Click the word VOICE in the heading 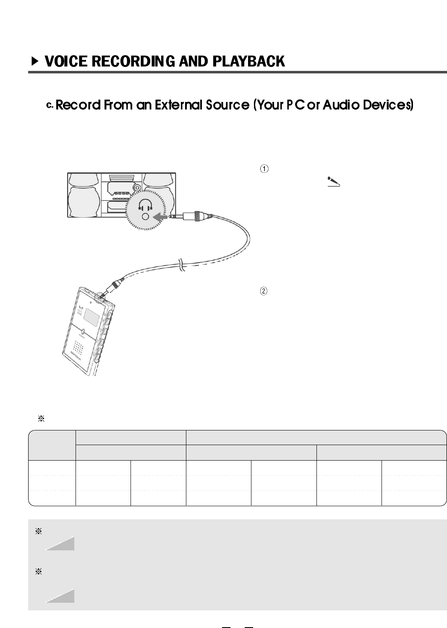tap(66, 62)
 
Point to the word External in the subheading tap(178, 105)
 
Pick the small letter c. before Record tap(50, 105)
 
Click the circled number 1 tap(264, 169)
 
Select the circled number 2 tap(264, 291)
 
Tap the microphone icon tap(333, 182)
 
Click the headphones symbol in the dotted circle tap(145, 205)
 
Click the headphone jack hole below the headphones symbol tap(145, 217)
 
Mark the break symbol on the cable tap(180, 265)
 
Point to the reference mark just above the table tap(41, 419)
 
